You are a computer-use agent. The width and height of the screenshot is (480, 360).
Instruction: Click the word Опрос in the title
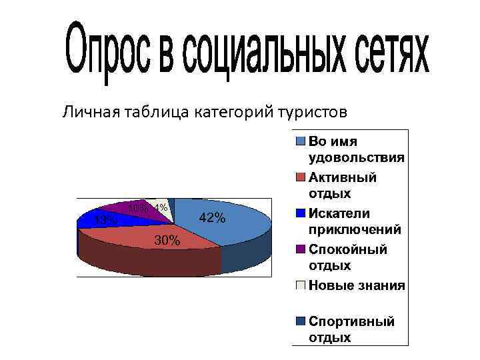coord(106,51)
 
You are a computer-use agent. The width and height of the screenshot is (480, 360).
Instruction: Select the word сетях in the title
coord(393,51)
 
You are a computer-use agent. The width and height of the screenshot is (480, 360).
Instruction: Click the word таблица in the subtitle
coord(155,111)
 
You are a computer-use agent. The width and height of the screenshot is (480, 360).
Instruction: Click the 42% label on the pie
coord(213,219)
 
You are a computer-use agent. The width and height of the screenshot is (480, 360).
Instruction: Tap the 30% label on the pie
coord(167,241)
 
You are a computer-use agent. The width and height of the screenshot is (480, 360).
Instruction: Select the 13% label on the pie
coord(105,219)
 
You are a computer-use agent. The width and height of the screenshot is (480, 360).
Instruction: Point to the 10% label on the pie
coord(138,208)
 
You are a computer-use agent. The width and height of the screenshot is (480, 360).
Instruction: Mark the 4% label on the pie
coord(159,207)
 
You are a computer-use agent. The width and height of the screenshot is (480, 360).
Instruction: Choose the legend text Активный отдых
coord(343,185)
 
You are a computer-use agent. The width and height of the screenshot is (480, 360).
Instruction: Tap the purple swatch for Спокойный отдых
coord(301,249)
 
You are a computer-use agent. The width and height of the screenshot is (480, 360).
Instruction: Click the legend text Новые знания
coord(357,285)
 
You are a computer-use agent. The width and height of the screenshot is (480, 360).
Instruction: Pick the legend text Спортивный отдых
coord(351,329)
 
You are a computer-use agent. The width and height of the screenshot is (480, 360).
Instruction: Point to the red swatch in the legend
coord(301,177)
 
